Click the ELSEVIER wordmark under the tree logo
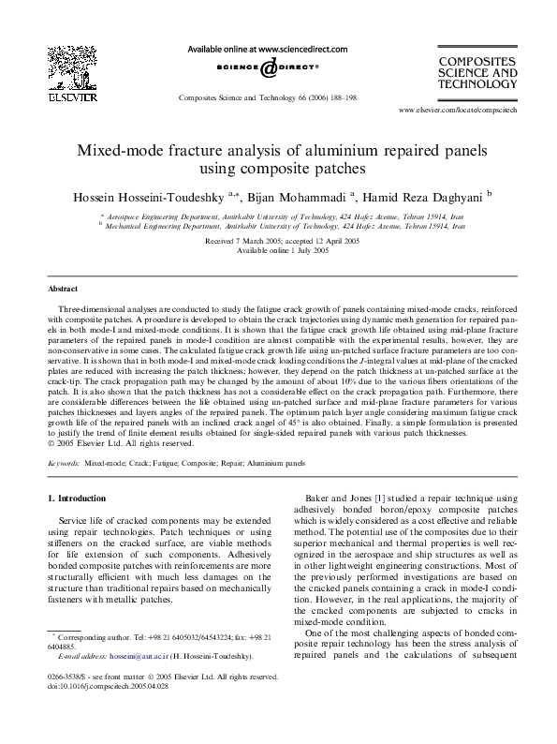point(72,95)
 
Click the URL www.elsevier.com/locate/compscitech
point(458,110)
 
